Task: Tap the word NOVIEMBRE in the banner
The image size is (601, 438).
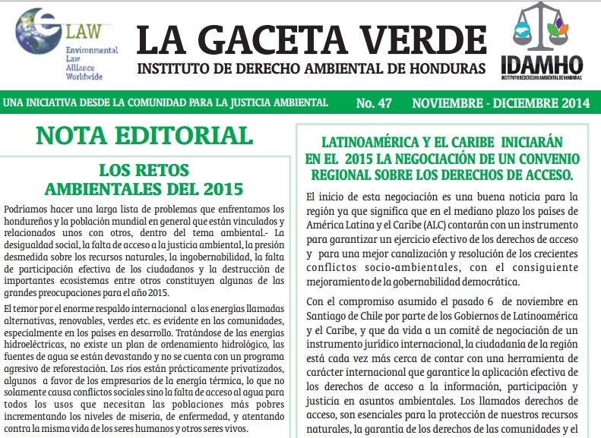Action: click(449, 102)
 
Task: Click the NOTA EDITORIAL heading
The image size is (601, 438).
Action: click(144, 136)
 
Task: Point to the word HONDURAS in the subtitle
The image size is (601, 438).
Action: click(451, 69)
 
